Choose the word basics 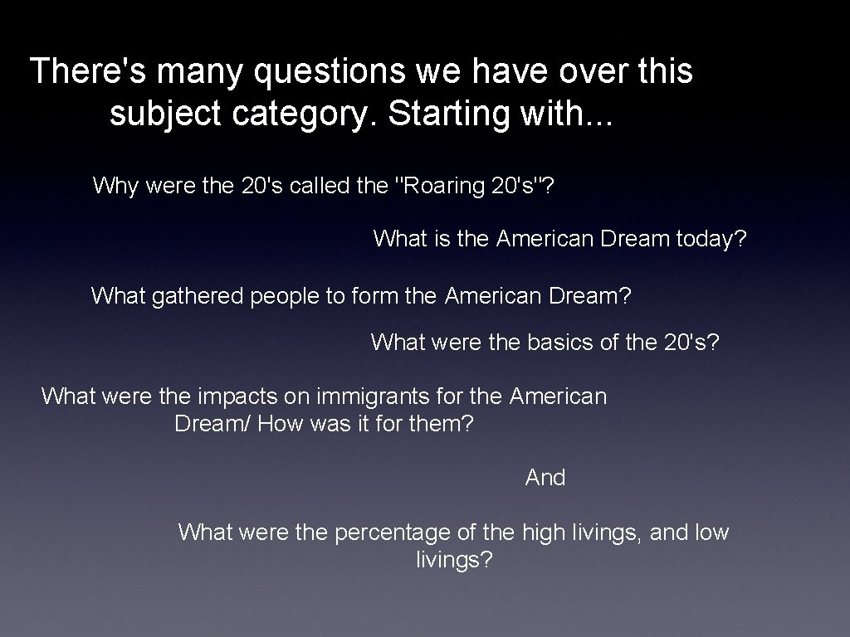559,342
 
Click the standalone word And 545,478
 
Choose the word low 711,532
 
